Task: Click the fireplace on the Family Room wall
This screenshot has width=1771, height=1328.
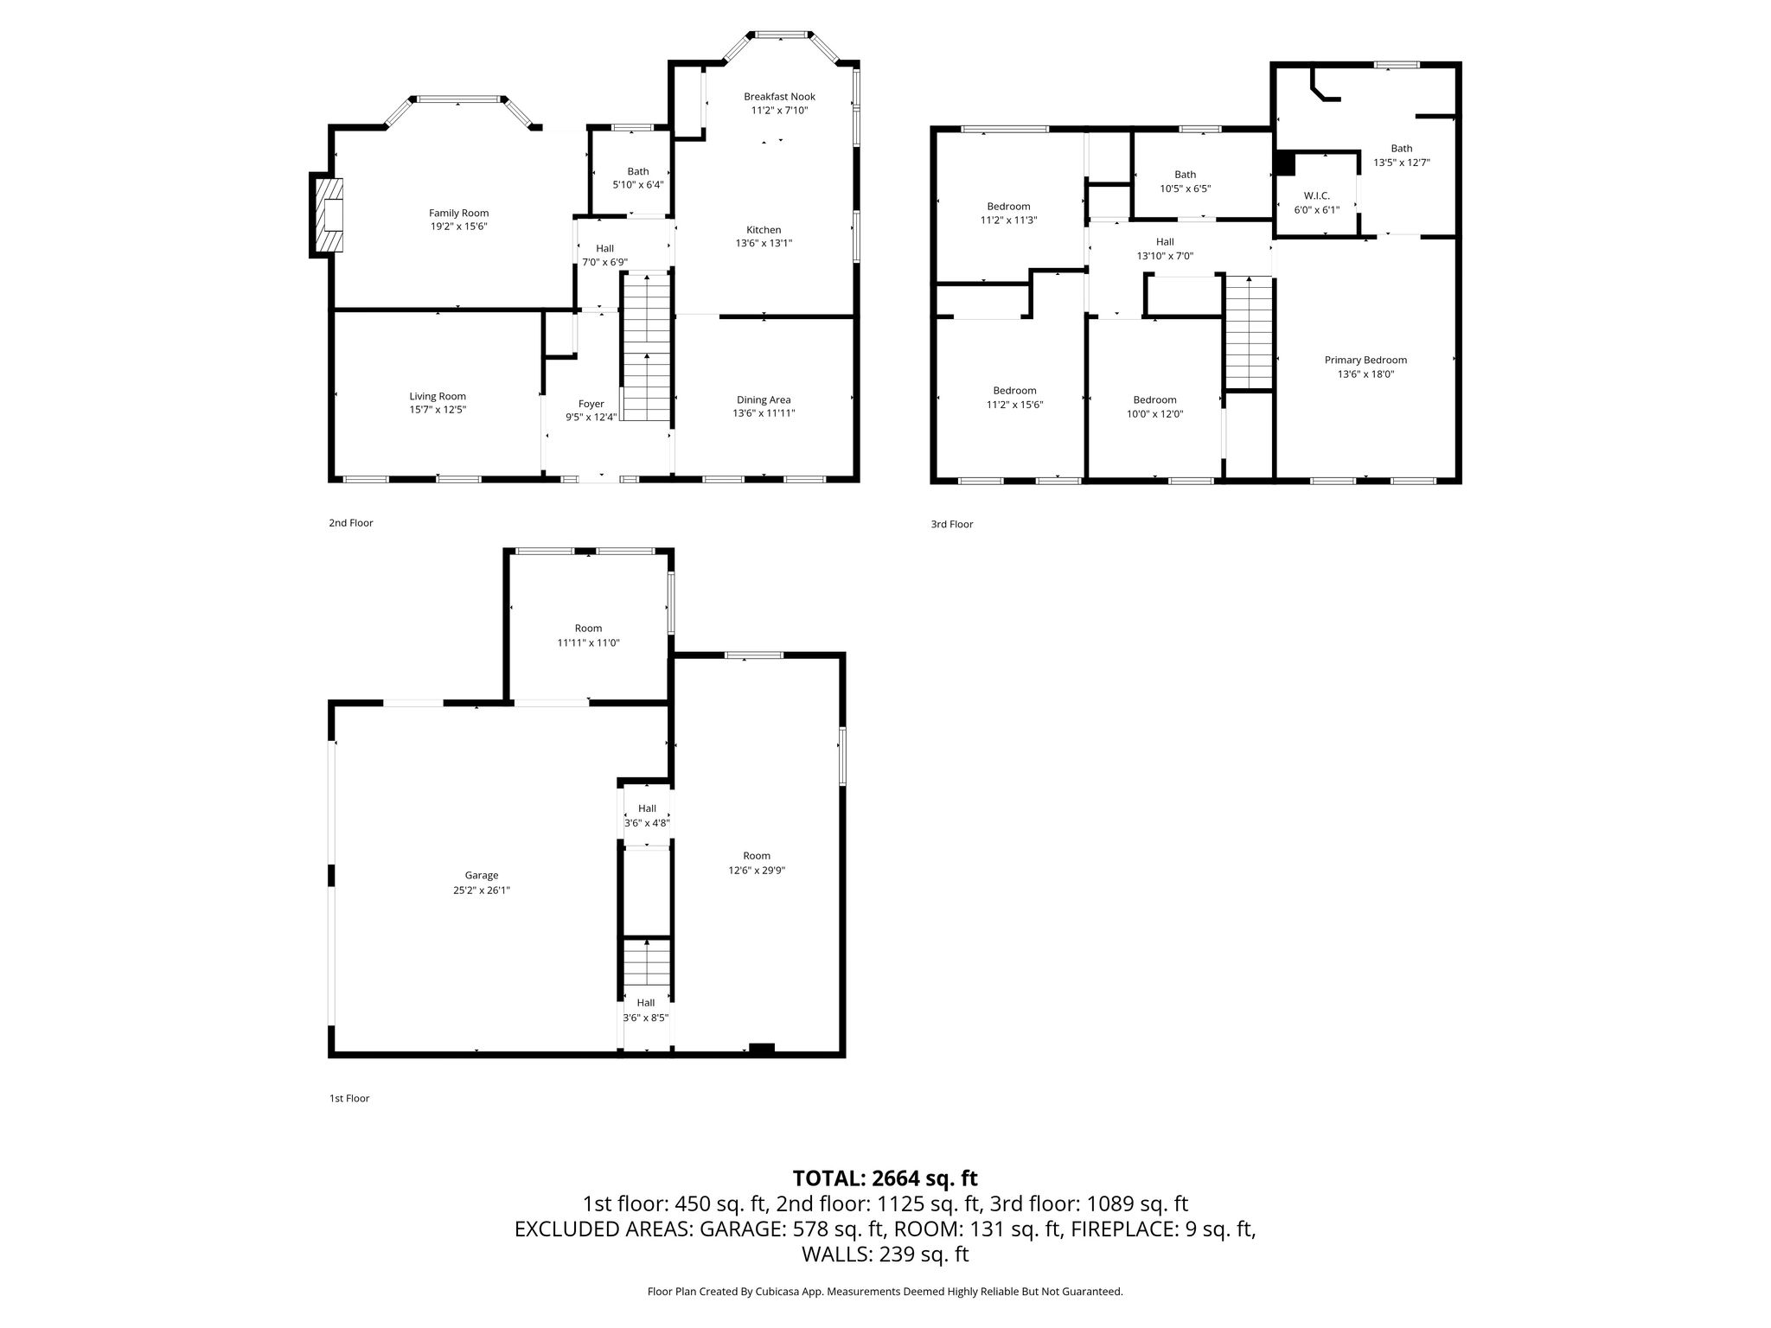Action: (x=327, y=215)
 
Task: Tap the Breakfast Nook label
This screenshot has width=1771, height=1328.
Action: (x=779, y=97)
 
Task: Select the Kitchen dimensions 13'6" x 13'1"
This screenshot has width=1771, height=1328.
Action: (x=764, y=244)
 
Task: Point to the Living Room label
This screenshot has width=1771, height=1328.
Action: (x=438, y=397)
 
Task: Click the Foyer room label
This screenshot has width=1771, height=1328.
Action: (x=591, y=404)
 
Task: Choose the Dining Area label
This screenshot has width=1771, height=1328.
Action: (x=764, y=400)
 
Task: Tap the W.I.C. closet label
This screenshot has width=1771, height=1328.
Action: (x=1317, y=196)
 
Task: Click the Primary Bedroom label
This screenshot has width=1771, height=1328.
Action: (x=1365, y=361)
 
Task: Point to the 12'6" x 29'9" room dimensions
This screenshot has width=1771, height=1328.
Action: (x=757, y=871)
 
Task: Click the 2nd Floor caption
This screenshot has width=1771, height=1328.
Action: (x=350, y=523)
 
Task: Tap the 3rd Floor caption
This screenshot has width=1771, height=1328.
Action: (x=952, y=524)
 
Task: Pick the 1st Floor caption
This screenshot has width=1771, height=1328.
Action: (x=349, y=1098)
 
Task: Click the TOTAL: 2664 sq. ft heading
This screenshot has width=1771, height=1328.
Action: (x=885, y=1178)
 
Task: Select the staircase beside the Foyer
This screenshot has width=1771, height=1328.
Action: (x=647, y=347)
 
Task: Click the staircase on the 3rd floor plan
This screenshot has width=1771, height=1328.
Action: (x=1249, y=333)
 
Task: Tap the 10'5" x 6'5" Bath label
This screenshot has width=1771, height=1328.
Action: (x=1185, y=182)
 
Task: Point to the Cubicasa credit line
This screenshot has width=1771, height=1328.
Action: (x=885, y=1292)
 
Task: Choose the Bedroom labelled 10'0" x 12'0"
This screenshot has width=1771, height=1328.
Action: (x=1154, y=406)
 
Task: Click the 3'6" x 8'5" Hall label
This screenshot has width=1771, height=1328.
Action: (x=646, y=1010)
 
